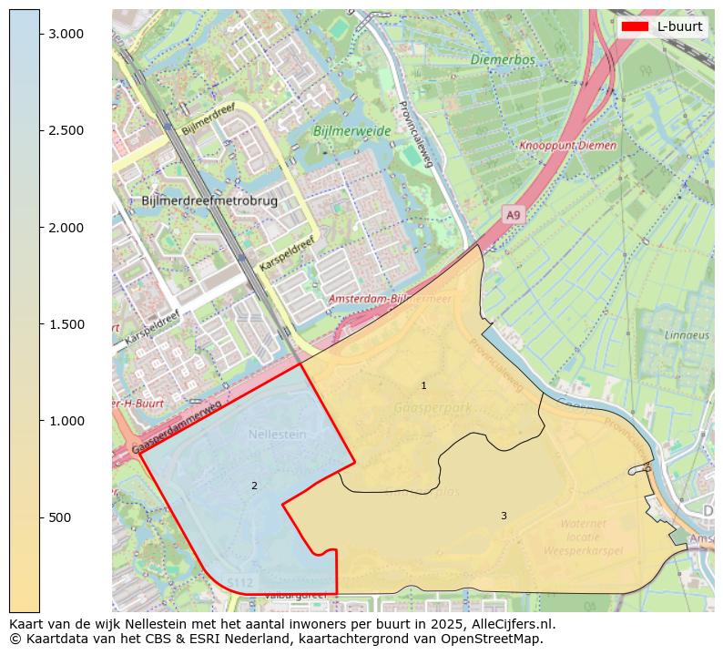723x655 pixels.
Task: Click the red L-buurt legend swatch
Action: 634,26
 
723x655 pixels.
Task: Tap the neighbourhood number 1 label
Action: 423,386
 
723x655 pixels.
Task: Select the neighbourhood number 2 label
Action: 254,486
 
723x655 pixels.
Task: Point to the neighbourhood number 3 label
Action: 504,516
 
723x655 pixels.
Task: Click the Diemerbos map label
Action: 503,60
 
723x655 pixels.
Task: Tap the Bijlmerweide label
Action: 351,131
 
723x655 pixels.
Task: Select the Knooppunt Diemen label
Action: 567,146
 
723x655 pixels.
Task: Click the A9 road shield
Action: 514,215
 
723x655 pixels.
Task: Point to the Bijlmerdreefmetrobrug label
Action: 209,200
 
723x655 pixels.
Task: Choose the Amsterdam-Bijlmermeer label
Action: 390,299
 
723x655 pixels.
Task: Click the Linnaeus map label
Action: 687,335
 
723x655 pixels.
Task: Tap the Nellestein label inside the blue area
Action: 277,435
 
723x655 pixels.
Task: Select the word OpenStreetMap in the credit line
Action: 497,639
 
